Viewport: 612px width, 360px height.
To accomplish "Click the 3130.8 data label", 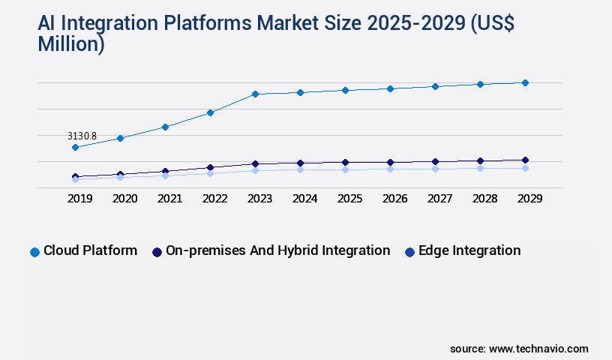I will click(82, 136).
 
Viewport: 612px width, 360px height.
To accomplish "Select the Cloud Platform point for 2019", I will click(75, 148).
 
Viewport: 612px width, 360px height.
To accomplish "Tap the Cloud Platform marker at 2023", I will click(255, 94).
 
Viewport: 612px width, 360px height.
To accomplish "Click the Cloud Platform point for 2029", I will click(525, 82).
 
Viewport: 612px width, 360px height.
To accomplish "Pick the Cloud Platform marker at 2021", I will click(165, 127).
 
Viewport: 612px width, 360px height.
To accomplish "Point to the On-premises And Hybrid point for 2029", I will click(525, 160).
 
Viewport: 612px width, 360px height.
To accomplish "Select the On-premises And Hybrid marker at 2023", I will click(255, 163).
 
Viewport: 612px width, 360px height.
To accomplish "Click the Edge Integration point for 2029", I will click(525, 168).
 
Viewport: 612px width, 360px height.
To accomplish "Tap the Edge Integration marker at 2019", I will click(75, 180).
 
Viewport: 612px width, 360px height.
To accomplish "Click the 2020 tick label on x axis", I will click(124, 199).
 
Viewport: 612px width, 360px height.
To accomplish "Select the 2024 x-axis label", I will click(304, 199).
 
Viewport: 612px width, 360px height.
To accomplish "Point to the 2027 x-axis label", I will click(439, 199).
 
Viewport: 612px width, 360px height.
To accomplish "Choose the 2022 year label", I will click(214, 199).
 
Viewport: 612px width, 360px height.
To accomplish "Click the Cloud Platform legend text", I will click(90, 250).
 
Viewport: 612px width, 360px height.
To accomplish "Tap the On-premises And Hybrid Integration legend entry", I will click(277, 250).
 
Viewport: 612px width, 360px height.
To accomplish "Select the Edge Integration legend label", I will click(469, 250).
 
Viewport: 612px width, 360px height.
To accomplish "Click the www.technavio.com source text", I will click(538, 349).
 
